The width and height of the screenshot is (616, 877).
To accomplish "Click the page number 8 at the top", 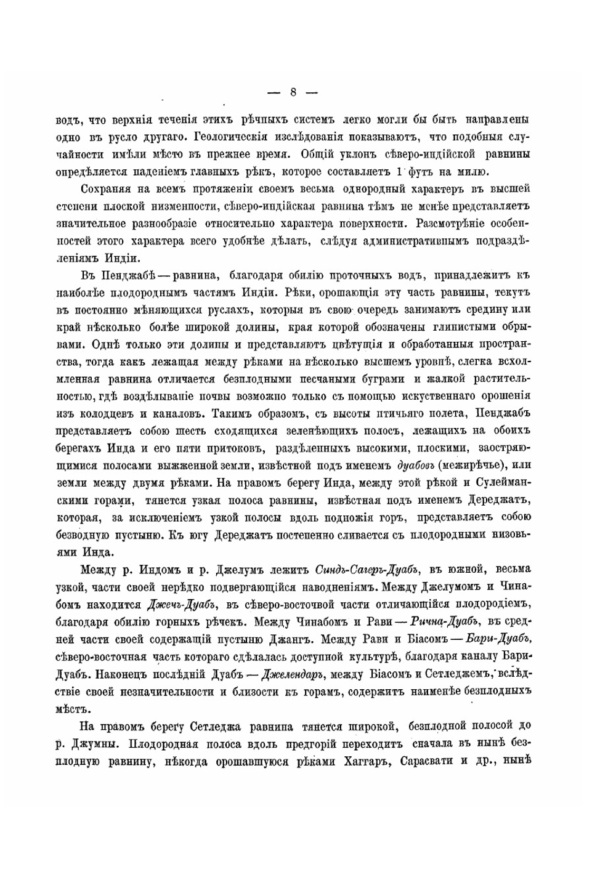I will coord(293,92).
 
